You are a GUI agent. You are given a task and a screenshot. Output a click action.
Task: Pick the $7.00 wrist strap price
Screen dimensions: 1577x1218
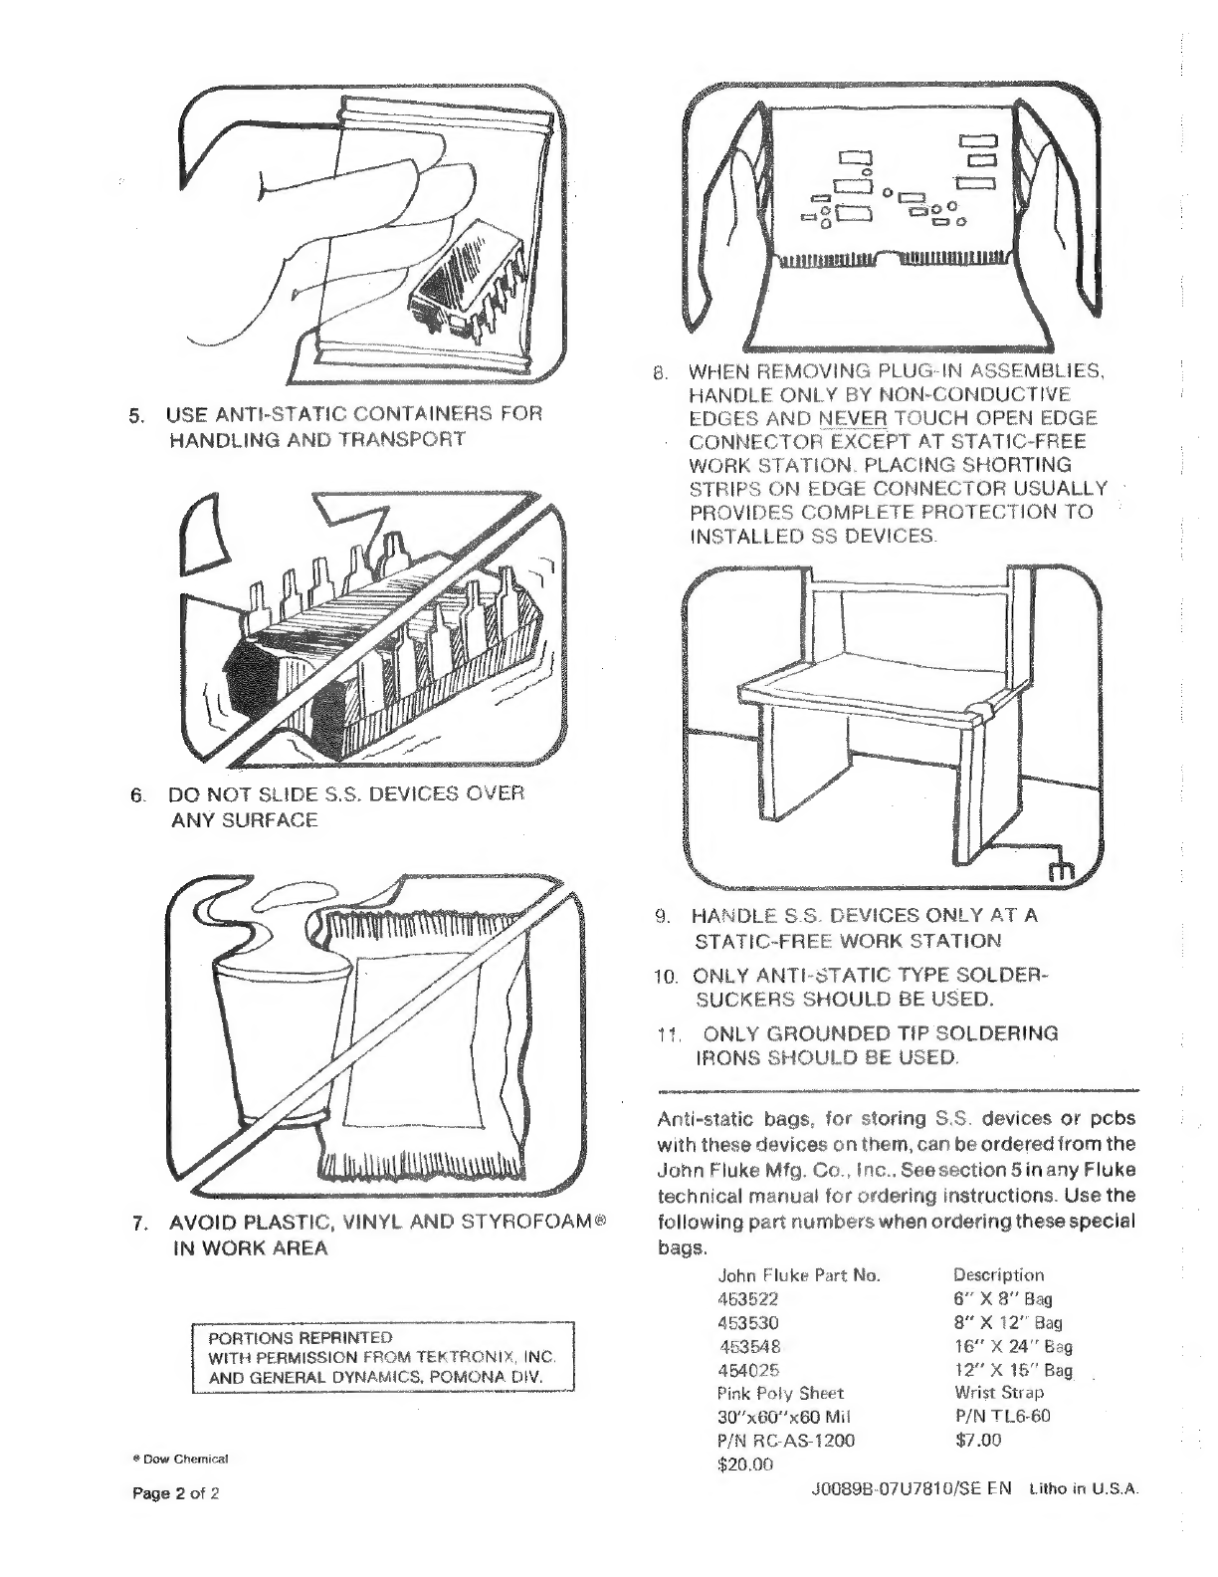pos(977,1440)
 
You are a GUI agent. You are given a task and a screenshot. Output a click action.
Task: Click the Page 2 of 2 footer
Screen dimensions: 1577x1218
pos(176,1493)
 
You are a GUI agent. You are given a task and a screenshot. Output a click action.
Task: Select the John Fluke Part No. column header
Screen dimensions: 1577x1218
pos(799,1274)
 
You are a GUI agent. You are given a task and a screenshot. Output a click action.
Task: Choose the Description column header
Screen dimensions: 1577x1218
pos(998,1274)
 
